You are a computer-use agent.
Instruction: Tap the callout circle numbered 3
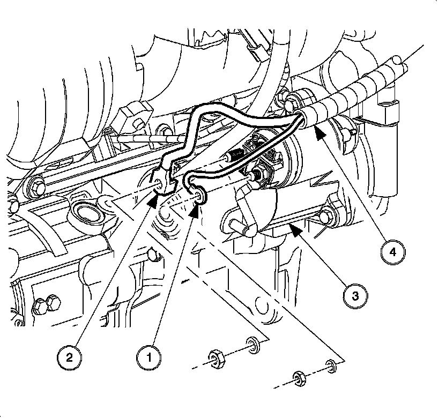pos(355,295)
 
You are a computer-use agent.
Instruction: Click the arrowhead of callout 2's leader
pos(153,199)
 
